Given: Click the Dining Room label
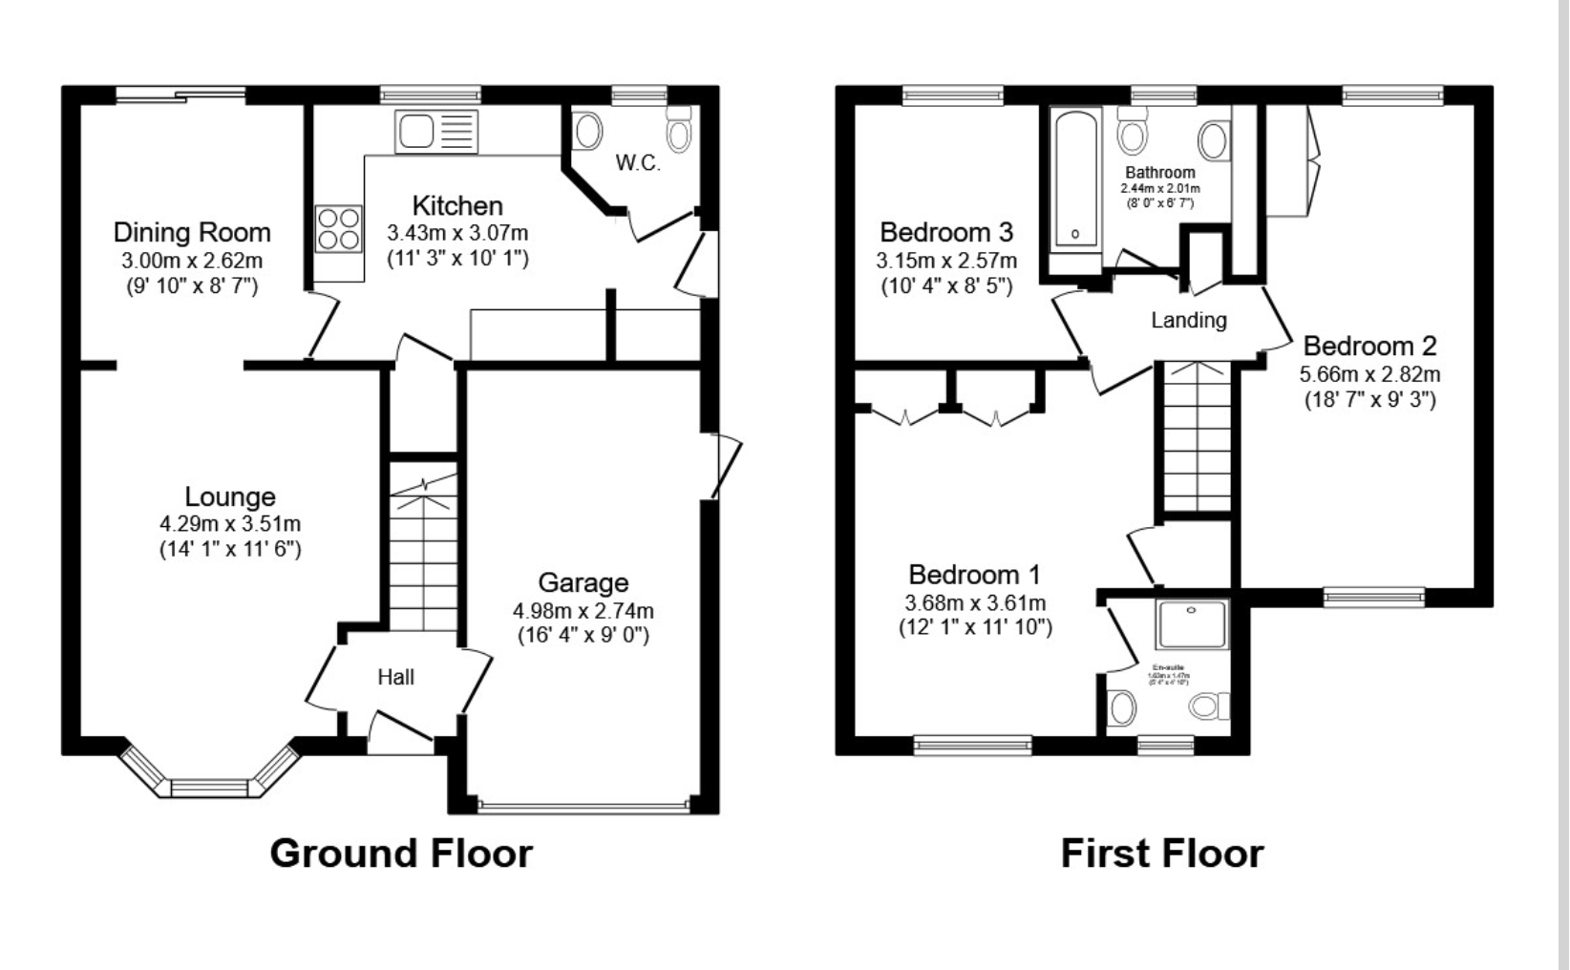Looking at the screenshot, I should pyautogui.click(x=192, y=232).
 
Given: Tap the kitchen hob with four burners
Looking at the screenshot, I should pyautogui.click(x=338, y=229).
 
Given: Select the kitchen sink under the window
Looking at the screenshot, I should pyautogui.click(x=436, y=131).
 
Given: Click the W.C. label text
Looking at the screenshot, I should pyautogui.click(x=638, y=163).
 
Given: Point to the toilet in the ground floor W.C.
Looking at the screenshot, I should pyautogui.click(x=678, y=130).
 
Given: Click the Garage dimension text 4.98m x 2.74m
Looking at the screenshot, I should pyautogui.click(x=583, y=610).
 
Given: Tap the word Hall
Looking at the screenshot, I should pyautogui.click(x=395, y=677).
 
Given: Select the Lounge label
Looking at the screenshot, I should pyautogui.click(x=230, y=496).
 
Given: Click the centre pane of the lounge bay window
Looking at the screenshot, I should pyautogui.click(x=209, y=788).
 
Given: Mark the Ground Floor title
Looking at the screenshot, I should pyautogui.click(x=401, y=853).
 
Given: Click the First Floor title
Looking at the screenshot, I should pyautogui.click(x=1162, y=853).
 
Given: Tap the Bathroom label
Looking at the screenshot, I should pyautogui.click(x=1159, y=173).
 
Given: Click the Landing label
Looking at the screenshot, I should pyautogui.click(x=1188, y=320).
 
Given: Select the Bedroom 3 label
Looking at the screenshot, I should pyautogui.click(x=945, y=232).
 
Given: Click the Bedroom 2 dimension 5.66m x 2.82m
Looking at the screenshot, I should pyautogui.click(x=1369, y=374).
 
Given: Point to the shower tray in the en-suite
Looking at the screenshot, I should pyautogui.click(x=1191, y=624).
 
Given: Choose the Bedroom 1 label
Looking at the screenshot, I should pyautogui.click(x=974, y=575).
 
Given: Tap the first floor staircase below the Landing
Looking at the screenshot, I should pyautogui.click(x=1197, y=439).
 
